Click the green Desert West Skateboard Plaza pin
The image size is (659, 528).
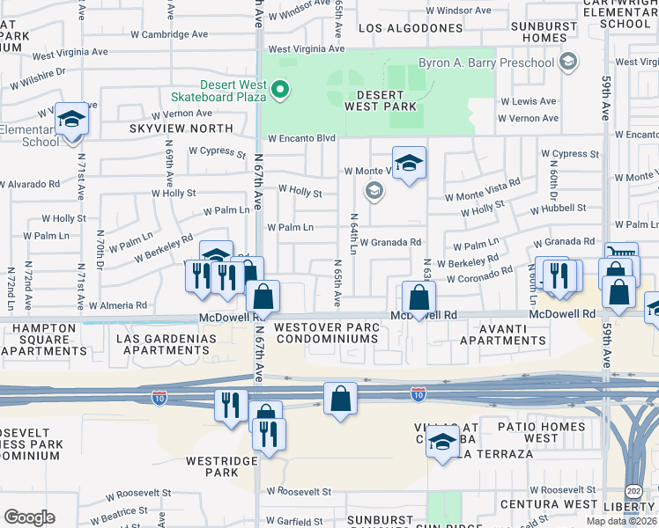[x=280, y=89]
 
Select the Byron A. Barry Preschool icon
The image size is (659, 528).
[x=568, y=62]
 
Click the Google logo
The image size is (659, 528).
[x=29, y=517]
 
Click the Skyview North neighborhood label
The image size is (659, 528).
[x=181, y=128]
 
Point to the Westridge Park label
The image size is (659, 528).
[x=211, y=466]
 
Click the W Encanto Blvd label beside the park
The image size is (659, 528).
[x=302, y=138]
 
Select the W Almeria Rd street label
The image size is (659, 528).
[x=118, y=305]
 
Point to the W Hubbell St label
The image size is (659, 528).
[x=559, y=208]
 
